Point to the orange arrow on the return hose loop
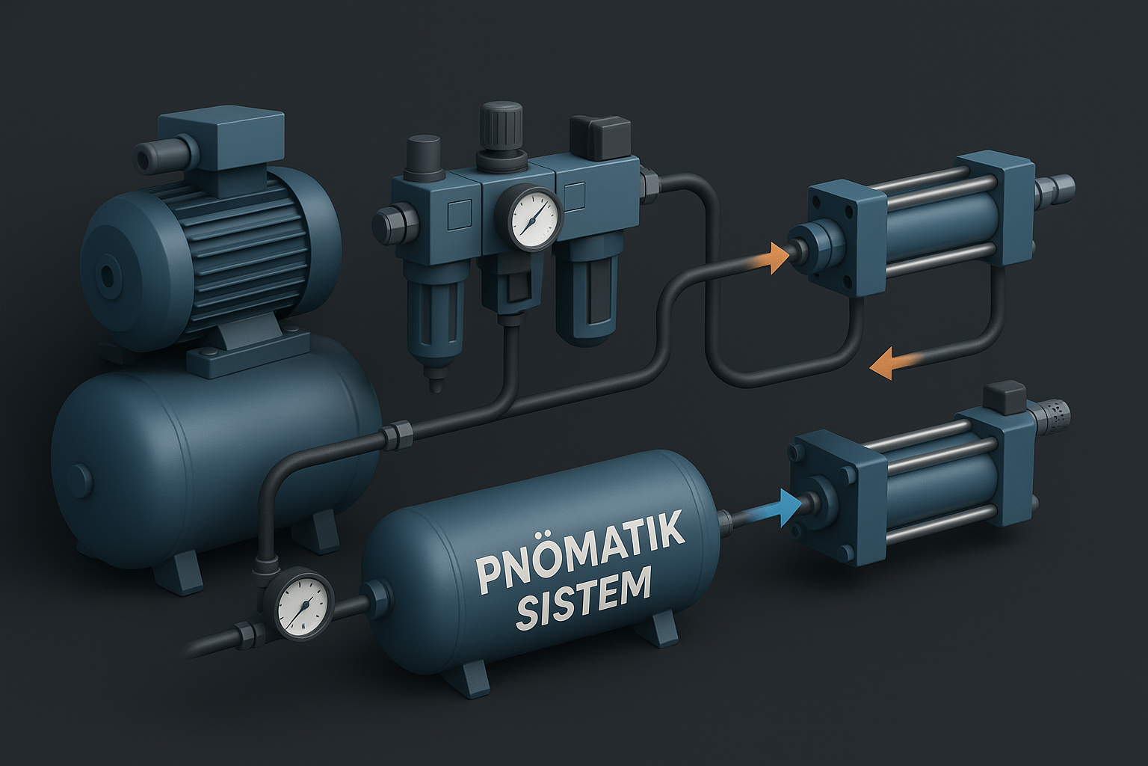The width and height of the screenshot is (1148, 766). point(889,364)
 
